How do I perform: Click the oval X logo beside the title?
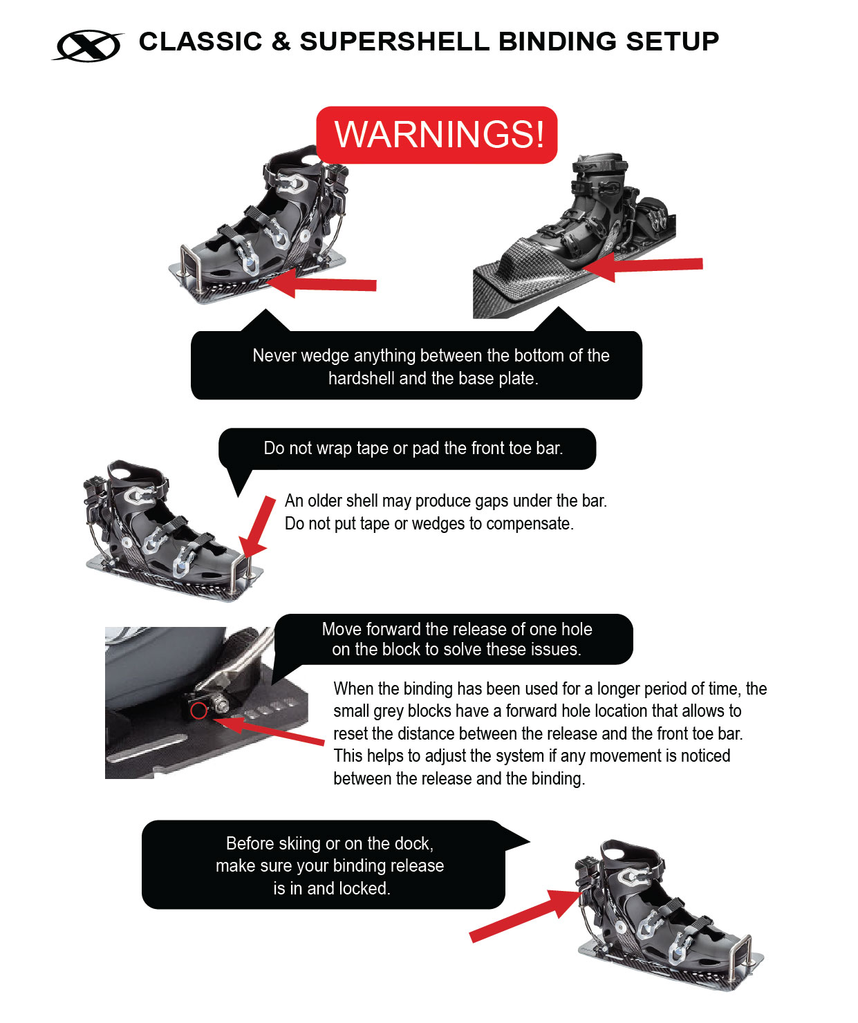pos(88,45)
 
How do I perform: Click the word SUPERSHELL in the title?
pos(394,41)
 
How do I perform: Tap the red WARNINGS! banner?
pos(436,135)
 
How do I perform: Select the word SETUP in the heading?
pos(672,41)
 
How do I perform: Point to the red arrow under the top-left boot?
pos(321,283)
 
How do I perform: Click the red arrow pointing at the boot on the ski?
pos(643,267)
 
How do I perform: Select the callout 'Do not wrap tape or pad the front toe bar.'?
pos(407,449)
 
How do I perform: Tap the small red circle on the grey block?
pos(198,710)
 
